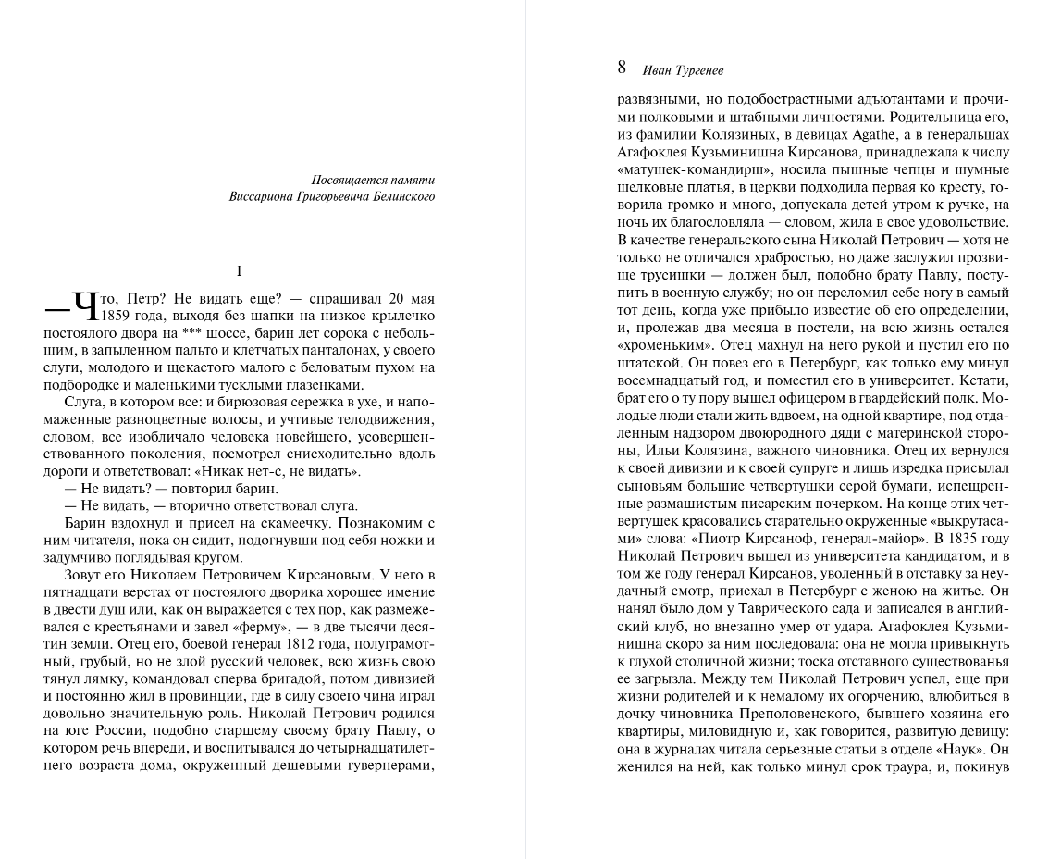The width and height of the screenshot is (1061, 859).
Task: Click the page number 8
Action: [622, 68]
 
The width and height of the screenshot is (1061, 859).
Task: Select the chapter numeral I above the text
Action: [239, 271]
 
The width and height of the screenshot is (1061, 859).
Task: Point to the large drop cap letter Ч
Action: [84, 305]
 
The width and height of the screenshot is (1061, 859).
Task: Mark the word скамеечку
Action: [273, 523]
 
